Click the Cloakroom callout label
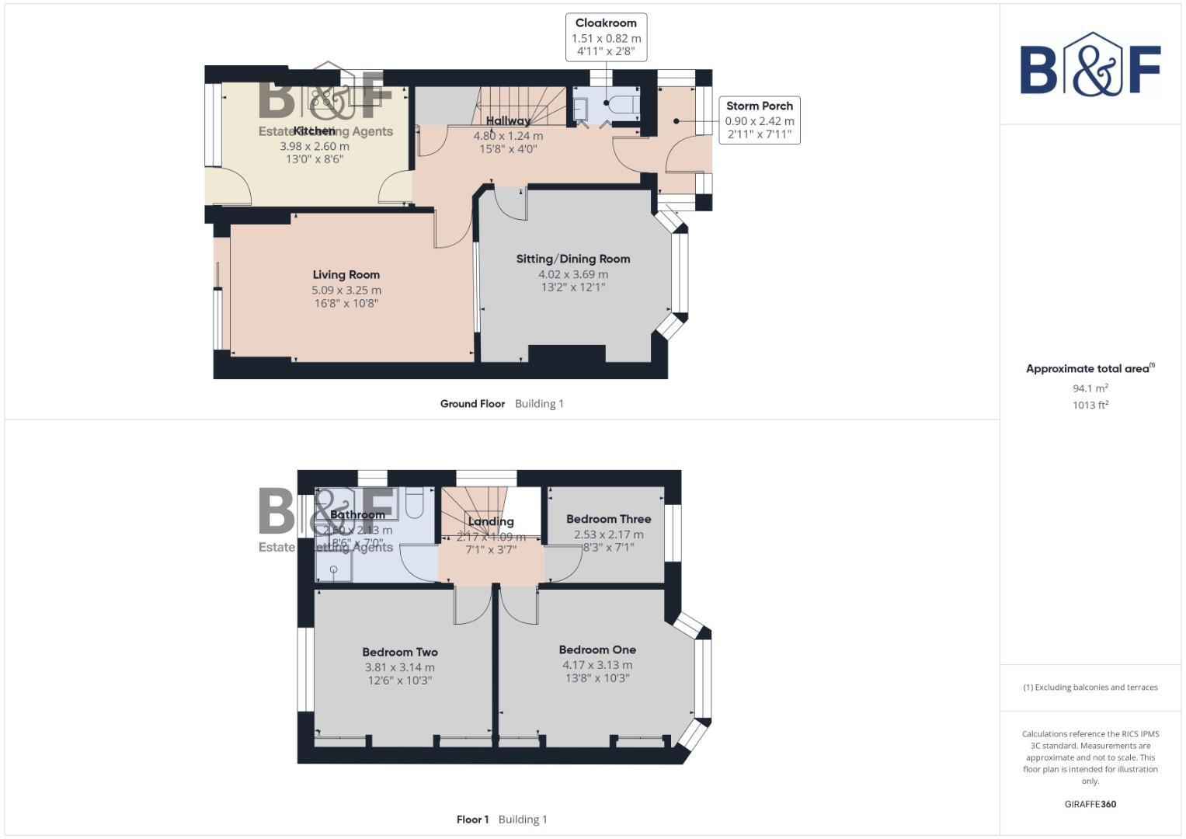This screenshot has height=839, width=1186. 606,23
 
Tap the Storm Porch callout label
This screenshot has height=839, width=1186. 759,106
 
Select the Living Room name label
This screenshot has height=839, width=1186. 346,274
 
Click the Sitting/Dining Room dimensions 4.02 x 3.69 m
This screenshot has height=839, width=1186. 573,274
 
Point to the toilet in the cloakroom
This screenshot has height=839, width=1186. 624,105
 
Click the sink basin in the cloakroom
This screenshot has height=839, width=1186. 580,110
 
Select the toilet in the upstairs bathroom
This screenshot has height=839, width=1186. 414,503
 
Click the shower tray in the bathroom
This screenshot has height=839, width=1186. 334,569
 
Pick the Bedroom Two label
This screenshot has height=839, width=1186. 399,653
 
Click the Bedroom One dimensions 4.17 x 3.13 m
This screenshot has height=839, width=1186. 597,665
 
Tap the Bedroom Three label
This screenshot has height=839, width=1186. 608,519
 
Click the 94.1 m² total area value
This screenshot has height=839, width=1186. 1090,388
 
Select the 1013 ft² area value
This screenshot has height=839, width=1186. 1090,405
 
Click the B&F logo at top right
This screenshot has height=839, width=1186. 1090,66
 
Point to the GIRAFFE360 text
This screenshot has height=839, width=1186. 1090,804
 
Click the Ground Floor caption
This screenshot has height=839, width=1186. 472,404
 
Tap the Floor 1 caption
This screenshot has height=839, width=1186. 472,820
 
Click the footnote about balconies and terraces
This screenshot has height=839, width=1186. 1090,688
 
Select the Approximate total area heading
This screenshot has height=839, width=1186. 1089,369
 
